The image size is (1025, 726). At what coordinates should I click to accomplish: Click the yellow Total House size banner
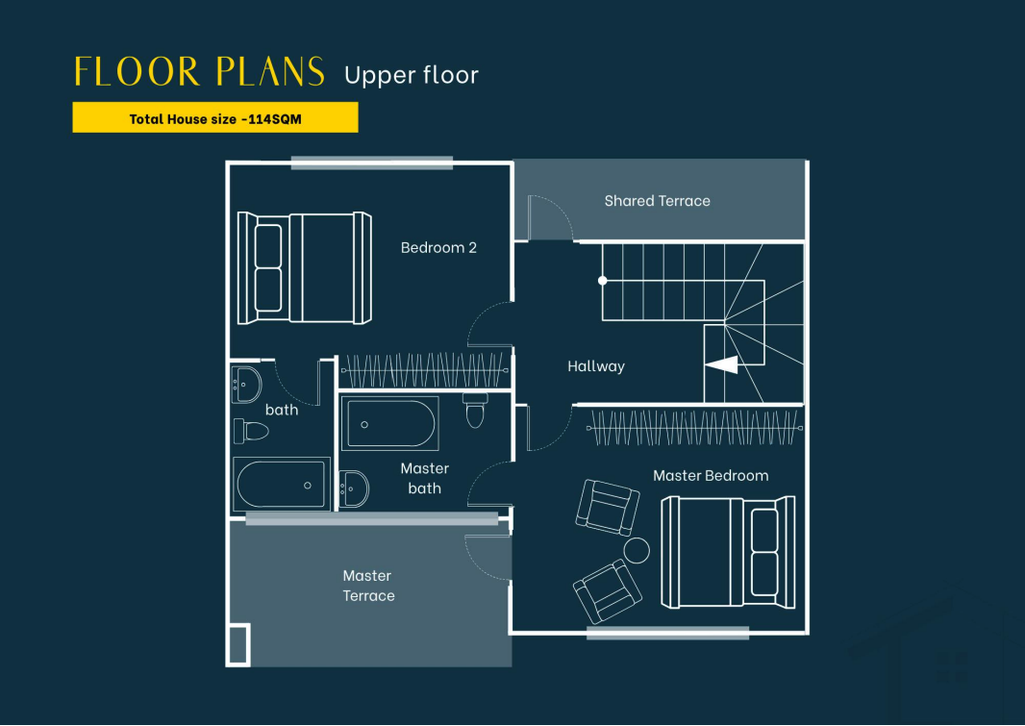[215, 117]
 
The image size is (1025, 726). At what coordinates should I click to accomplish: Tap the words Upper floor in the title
[412, 75]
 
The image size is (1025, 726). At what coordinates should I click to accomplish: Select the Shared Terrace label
[657, 201]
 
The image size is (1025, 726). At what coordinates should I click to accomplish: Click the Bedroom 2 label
[438, 248]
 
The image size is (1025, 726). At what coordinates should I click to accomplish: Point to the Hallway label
[595, 366]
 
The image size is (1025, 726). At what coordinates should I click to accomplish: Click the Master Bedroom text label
[711, 476]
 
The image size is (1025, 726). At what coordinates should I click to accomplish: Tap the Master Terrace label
[368, 586]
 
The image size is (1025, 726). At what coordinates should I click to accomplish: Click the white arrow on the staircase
[722, 364]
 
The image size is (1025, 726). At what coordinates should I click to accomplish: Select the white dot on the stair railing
[603, 281]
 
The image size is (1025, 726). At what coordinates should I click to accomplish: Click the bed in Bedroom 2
[305, 268]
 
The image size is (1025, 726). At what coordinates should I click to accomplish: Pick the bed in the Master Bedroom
[728, 552]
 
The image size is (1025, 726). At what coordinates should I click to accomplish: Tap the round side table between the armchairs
[636, 550]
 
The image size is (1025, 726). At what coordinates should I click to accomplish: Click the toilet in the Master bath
[475, 411]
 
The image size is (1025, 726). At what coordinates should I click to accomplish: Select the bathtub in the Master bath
[390, 423]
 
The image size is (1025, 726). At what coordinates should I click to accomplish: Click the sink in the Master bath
[354, 488]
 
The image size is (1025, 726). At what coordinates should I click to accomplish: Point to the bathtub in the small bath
[281, 485]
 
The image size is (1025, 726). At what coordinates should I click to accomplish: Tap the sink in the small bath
[246, 385]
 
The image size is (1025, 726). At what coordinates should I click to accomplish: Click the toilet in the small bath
[251, 432]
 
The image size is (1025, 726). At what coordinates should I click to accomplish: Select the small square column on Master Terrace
[237, 645]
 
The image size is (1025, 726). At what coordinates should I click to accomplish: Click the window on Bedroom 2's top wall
[372, 163]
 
